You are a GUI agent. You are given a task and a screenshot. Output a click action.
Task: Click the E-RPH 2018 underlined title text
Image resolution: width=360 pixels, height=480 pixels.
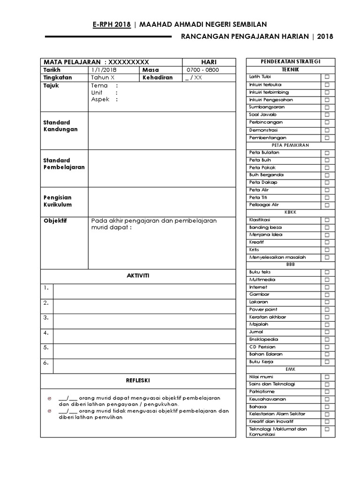click(112, 24)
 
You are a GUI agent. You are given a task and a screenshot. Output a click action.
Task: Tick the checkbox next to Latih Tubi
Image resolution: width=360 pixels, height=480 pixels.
click(327, 77)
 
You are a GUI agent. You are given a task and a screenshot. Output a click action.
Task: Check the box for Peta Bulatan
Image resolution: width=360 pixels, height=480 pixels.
click(327, 153)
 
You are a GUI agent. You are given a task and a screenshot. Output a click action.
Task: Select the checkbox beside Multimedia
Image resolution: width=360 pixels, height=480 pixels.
click(327, 280)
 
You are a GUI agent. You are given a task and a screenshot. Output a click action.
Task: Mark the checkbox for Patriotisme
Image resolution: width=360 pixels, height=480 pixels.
click(327, 392)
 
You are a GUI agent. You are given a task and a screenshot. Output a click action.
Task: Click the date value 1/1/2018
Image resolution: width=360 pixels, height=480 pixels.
click(104, 70)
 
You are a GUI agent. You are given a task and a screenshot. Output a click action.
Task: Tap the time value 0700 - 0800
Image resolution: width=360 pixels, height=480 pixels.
click(202, 70)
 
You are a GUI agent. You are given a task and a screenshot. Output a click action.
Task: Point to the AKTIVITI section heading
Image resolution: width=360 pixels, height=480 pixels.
click(138, 276)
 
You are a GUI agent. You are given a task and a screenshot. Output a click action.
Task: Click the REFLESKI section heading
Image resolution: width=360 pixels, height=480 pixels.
click(138, 380)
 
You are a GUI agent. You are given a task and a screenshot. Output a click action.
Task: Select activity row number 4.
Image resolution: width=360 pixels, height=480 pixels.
click(46, 333)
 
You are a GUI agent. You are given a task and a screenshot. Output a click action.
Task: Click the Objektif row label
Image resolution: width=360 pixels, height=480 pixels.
click(55, 221)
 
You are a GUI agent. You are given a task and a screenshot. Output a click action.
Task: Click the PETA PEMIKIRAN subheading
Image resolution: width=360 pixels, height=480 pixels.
click(290, 145)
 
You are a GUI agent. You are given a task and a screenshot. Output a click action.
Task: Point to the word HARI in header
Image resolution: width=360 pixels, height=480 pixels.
click(209, 62)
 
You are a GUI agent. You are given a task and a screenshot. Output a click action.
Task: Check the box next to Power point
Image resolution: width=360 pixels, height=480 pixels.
click(327, 310)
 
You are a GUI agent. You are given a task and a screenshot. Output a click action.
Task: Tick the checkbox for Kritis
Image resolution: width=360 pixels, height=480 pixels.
click(327, 250)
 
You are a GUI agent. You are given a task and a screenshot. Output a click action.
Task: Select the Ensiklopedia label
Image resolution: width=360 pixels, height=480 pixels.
click(264, 339)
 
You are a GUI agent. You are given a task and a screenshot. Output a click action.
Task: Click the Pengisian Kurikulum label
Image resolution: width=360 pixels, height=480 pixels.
click(58, 201)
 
